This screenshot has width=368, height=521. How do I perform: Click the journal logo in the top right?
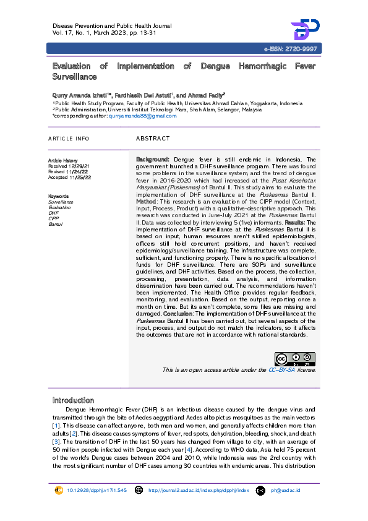pos(305,30)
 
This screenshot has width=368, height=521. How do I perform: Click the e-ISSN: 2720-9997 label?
pos(291,48)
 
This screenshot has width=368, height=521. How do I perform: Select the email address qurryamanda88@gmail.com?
pos(144,116)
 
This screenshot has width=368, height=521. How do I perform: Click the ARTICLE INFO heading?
pos(69,139)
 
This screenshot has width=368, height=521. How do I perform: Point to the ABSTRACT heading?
pos(153,139)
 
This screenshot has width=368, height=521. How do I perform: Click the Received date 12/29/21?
pos(79,166)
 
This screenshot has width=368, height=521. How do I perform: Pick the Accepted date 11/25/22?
pos(80,178)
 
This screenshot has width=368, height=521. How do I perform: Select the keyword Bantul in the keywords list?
pos(56,224)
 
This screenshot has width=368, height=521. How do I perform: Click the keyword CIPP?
pos(54,218)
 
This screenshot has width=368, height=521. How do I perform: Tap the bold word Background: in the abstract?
pos(153,160)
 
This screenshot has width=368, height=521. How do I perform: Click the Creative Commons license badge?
pos(295,360)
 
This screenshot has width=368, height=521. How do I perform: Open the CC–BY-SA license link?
pos(281,370)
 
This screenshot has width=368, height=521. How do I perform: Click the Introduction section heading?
pos(73,400)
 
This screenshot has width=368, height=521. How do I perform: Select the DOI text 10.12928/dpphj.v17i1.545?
pos(96,491)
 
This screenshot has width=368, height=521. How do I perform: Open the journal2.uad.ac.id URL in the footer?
pos(199,491)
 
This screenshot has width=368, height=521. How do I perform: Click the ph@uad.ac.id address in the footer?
pos(285,491)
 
